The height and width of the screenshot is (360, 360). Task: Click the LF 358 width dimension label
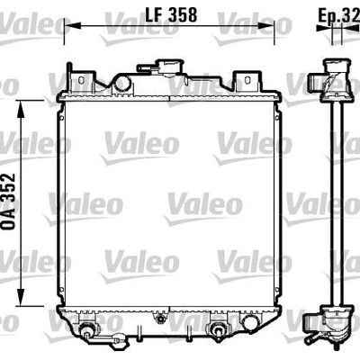[x=172, y=15]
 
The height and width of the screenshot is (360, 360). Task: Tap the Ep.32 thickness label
[x=337, y=15]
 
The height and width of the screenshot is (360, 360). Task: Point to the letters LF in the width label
[x=155, y=15]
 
